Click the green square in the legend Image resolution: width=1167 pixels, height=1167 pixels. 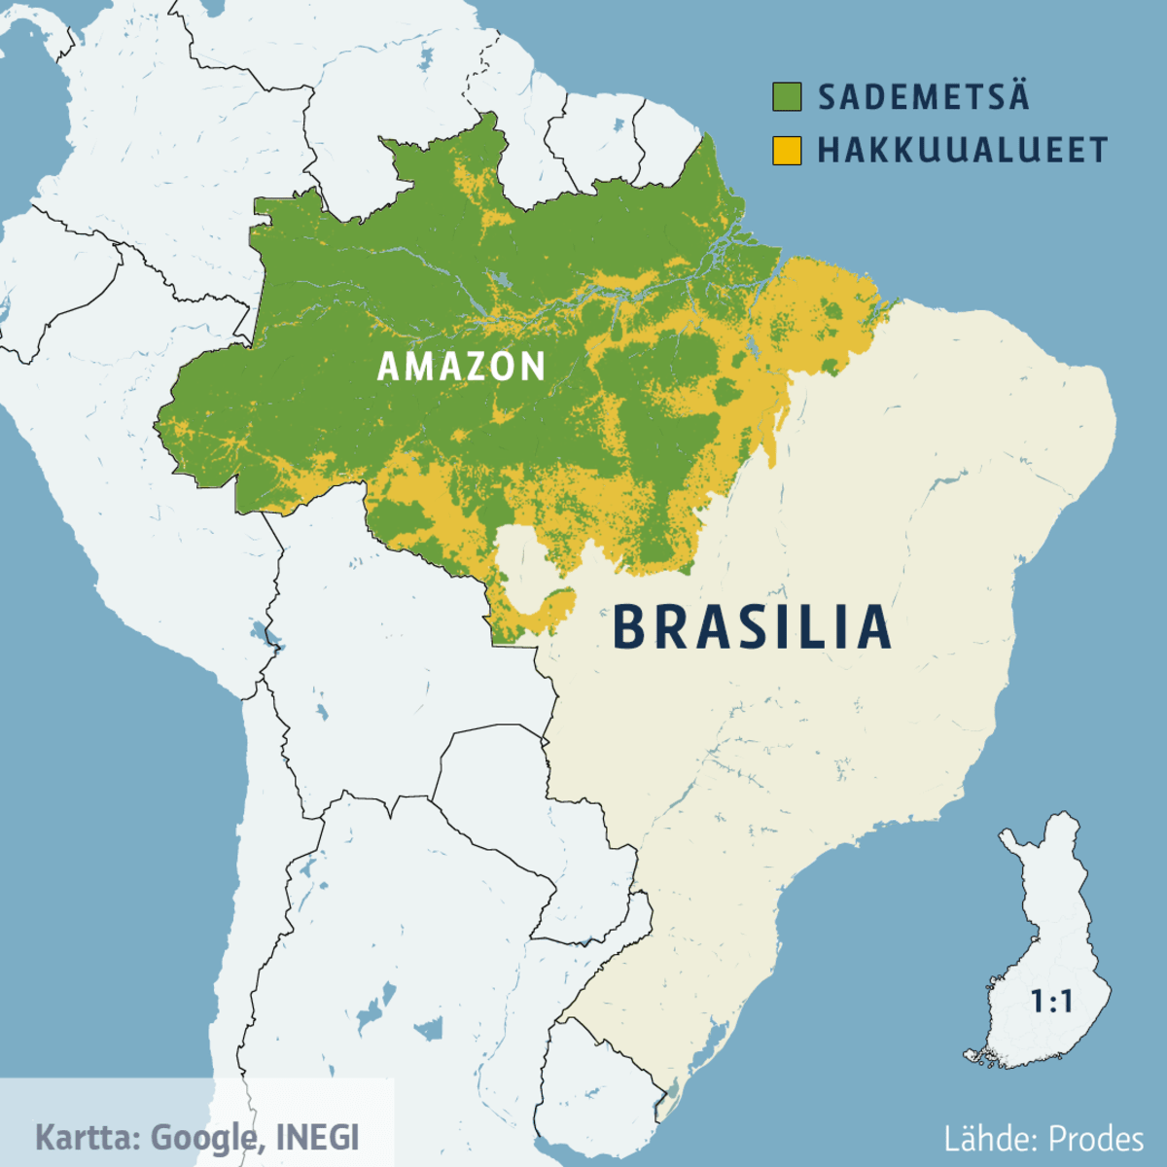click(787, 97)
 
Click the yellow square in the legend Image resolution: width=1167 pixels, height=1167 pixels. click(787, 151)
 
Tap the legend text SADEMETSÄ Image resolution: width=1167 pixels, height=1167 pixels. click(923, 97)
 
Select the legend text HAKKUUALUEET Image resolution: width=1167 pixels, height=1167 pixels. click(962, 151)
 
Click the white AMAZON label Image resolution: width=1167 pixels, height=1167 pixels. click(461, 367)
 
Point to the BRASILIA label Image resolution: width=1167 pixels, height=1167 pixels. click(752, 627)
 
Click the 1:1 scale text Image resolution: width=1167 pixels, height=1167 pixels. click(1051, 1002)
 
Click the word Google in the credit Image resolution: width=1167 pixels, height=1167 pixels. click(204, 1137)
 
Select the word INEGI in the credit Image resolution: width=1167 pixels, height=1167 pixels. click(317, 1137)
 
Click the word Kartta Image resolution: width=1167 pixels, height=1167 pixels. click(88, 1137)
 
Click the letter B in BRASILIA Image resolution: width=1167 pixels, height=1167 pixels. click(632, 627)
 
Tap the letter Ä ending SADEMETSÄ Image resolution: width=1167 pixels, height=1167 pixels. click(1015, 96)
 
